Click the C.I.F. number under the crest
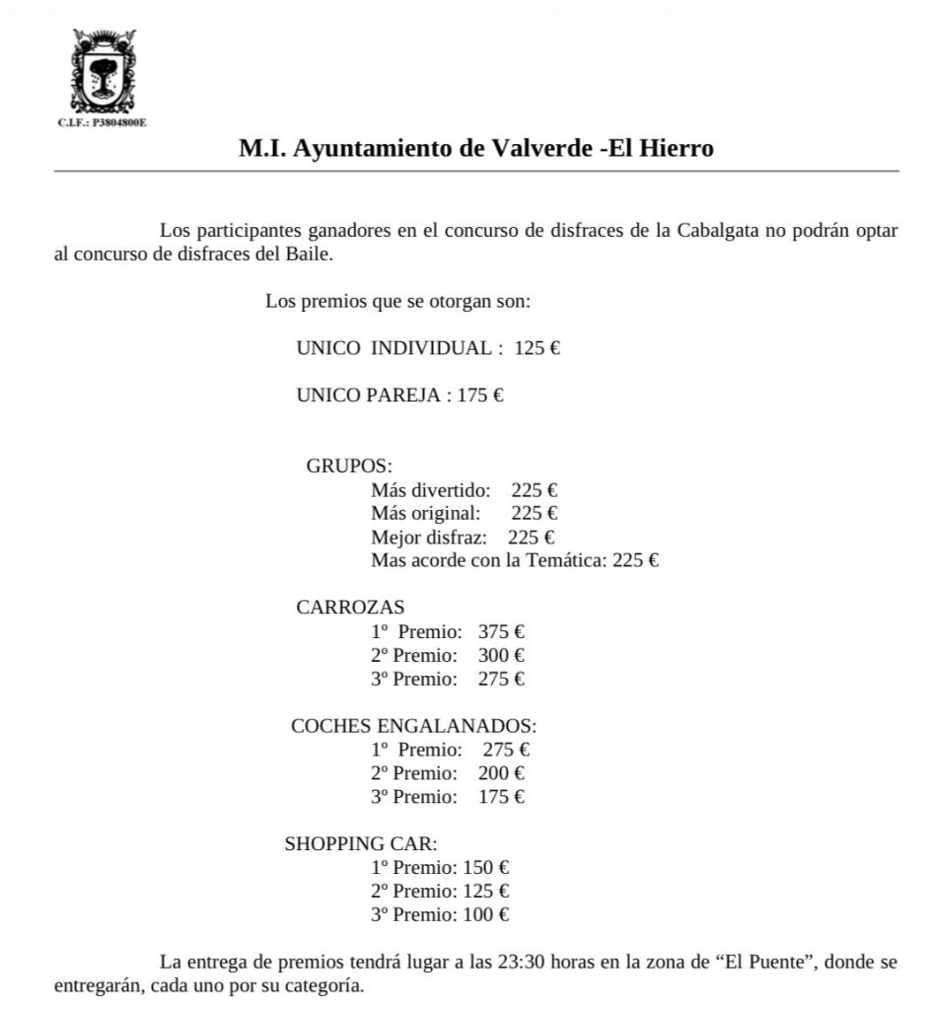(x=103, y=124)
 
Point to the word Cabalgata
(x=718, y=231)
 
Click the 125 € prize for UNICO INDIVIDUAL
(x=537, y=348)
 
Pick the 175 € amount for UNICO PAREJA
(x=481, y=396)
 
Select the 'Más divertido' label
(x=430, y=490)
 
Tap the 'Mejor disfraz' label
(x=429, y=538)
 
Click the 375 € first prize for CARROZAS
(x=501, y=631)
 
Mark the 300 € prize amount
(x=501, y=655)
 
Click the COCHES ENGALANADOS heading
(x=413, y=726)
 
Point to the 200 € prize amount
(x=501, y=773)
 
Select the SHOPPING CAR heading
(x=360, y=844)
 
